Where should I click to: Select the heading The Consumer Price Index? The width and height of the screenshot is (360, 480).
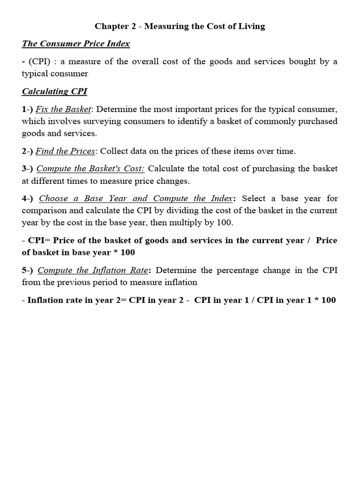point(76,44)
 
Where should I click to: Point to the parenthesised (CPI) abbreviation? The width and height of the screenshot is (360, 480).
point(39,62)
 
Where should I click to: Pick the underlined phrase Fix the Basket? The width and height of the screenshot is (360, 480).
point(63,109)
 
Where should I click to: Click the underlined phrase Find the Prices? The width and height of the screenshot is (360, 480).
point(66,151)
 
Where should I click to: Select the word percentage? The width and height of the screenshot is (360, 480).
point(248,270)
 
